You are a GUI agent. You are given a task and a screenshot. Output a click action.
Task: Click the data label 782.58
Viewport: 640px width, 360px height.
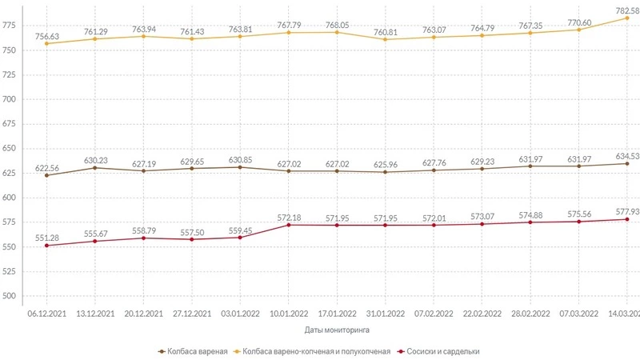(x=626, y=9)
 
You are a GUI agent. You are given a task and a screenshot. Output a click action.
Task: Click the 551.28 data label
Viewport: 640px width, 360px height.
(x=46, y=237)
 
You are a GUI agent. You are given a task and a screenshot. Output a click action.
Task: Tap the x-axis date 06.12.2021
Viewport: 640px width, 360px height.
(x=46, y=314)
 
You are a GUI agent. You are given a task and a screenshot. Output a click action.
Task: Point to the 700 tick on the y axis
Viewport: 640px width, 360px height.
(x=11, y=100)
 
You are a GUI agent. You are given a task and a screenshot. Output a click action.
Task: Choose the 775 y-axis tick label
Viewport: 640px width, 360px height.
(x=11, y=26)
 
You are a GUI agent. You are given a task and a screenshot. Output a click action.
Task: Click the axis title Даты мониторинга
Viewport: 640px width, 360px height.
(x=337, y=329)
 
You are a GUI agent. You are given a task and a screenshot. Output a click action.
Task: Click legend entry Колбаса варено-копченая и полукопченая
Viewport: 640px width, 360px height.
(x=316, y=351)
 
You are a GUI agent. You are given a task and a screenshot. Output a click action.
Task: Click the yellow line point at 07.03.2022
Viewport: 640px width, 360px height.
(x=578, y=30)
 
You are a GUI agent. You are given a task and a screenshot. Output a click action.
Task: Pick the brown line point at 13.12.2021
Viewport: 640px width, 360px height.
(x=95, y=168)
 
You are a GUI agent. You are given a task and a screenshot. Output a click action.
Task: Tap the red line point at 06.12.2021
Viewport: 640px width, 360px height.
(x=46, y=246)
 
